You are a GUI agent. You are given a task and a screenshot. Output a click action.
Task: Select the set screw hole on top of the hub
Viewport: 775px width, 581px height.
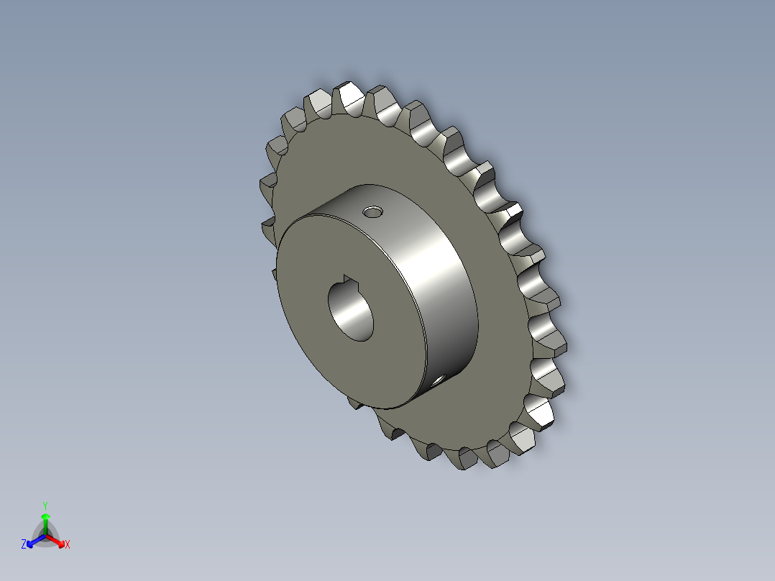click(372, 212)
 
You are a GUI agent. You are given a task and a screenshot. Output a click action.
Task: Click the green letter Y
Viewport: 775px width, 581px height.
click(45, 505)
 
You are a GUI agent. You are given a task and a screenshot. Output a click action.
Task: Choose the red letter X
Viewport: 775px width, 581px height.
click(68, 545)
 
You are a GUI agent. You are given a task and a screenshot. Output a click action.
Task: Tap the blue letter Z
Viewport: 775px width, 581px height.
click(24, 545)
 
